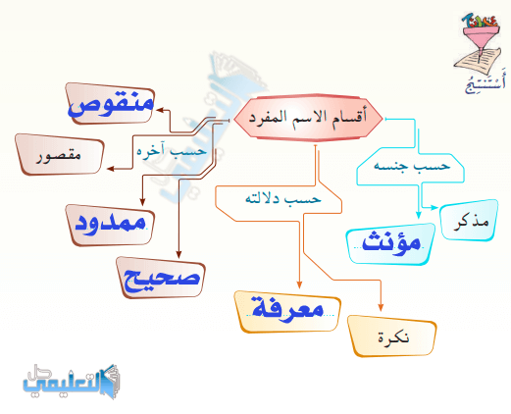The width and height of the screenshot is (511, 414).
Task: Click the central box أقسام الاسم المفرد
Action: [x=309, y=118]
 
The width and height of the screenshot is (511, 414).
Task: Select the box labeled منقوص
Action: [x=110, y=103]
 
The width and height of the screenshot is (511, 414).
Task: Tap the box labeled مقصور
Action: [x=60, y=154]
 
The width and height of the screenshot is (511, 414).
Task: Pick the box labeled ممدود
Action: [x=110, y=225]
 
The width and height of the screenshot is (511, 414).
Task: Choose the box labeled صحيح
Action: [x=161, y=278]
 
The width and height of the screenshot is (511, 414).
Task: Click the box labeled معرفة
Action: [x=287, y=312]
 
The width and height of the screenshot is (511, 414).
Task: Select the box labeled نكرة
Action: [x=392, y=336]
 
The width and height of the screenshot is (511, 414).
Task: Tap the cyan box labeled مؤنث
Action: [x=391, y=244]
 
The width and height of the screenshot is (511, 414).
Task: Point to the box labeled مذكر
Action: [x=470, y=221]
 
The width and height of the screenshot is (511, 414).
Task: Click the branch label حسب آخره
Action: [x=172, y=151]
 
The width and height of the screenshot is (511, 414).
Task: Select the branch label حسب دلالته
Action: [x=283, y=198]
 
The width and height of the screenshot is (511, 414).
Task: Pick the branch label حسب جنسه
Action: [x=412, y=165]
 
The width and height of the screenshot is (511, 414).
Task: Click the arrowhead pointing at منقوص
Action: [x=160, y=110]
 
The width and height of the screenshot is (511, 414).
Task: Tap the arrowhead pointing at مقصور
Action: [x=111, y=169]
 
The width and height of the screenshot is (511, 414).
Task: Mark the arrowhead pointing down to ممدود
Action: [x=142, y=202]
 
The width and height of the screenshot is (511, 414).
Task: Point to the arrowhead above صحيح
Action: [x=179, y=255]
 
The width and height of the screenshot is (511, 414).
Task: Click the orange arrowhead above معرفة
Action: [x=299, y=285]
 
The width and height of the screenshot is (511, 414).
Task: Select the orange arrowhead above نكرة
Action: [x=381, y=307]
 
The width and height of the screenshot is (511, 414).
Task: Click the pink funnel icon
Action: [x=481, y=36]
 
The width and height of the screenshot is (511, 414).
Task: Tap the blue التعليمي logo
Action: [x=72, y=382]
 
